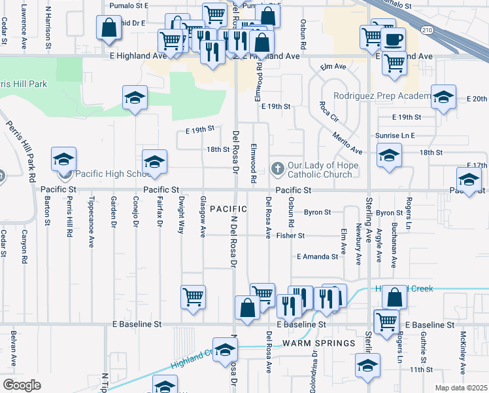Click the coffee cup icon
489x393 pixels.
click(x=392, y=39)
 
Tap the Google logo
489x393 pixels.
click(x=22, y=385)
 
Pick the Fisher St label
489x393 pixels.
click(x=290, y=236)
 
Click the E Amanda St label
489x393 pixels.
click(x=317, y=257)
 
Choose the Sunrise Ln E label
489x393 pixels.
click(x=396, y=135)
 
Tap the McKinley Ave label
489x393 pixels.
click(x=463, y=349)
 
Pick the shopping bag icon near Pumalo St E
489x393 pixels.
click(x=109, y=27)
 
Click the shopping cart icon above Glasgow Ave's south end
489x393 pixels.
click(x=193, y=296)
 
